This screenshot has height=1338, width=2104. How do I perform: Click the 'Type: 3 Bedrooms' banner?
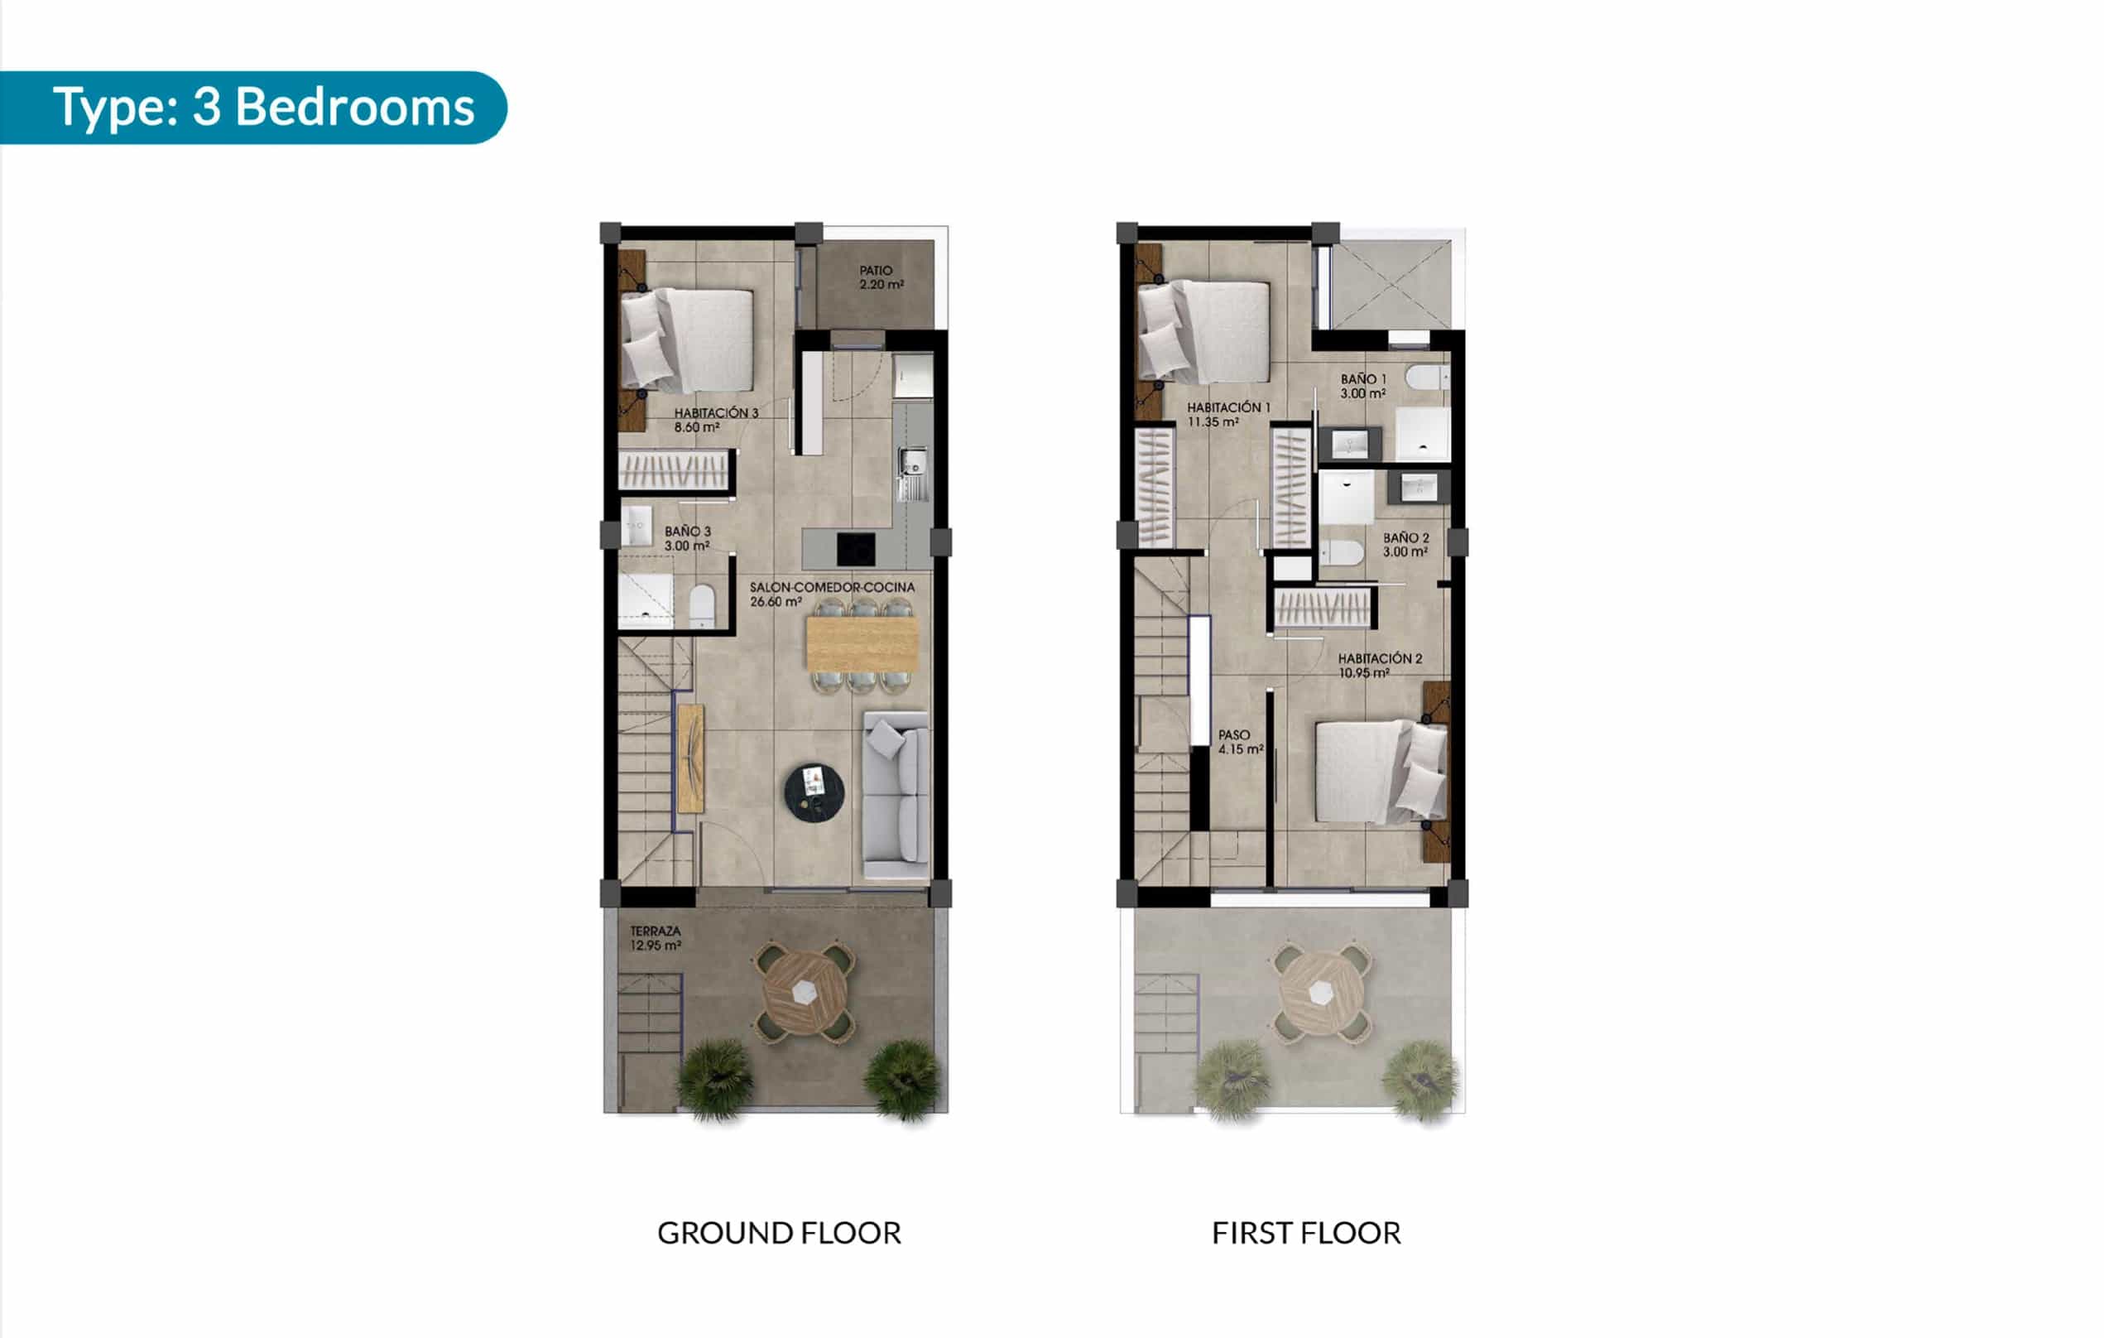[252, 108]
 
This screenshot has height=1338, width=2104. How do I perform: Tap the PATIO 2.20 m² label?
[881, 278]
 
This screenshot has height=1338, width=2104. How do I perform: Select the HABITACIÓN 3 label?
[716, 420]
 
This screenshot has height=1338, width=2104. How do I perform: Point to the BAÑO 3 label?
[687, 538]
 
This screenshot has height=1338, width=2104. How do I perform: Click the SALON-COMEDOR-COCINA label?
[832, 594]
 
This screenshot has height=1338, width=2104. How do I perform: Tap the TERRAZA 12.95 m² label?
[656, 939]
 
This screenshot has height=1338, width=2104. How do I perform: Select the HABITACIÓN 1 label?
[1228, 414]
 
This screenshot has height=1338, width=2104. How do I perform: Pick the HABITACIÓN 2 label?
[1380, 665]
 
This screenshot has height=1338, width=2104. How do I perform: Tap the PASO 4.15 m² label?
[1241, 742]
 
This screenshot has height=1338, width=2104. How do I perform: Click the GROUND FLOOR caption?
[779, 1233]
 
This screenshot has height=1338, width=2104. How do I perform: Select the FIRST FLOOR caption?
[1306, 1233]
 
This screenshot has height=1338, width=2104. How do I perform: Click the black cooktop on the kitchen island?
[855, 550]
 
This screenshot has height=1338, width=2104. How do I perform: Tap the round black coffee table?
[814, 792]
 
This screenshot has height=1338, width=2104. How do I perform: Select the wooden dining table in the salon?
[862, 643]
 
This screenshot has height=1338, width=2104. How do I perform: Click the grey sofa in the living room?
[896, 796]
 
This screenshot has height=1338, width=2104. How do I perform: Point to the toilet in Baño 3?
[702, 605]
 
